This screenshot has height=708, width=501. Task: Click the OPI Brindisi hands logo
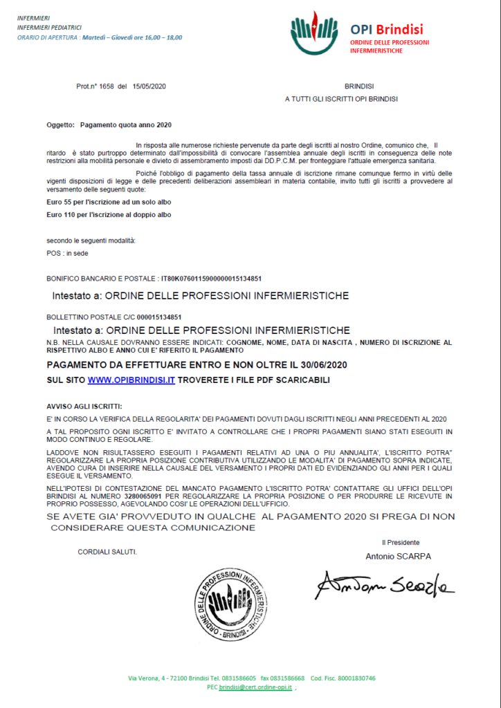point(314,32)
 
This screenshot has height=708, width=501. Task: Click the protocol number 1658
point(107,86)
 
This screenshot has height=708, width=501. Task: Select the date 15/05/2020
point(149,86)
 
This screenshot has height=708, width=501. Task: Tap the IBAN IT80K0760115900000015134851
point(211,279)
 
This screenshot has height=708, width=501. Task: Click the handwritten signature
point(384,585)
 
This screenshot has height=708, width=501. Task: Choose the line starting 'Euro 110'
point(109,214)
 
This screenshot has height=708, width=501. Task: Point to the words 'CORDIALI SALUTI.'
point(107,552)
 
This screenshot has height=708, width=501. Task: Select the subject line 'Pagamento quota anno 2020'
point(125,124)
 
